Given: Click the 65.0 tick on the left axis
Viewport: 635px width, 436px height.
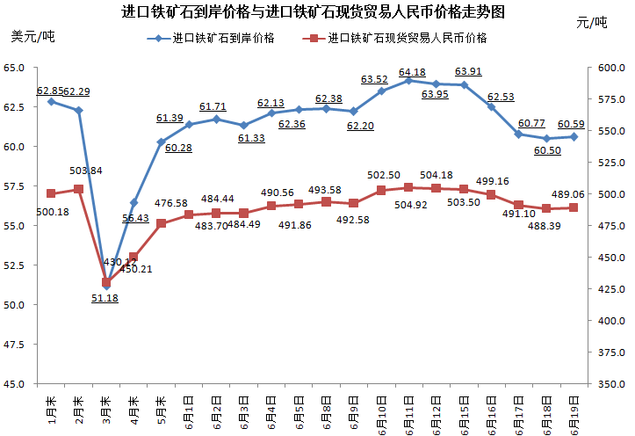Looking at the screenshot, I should click(x=15, y=68).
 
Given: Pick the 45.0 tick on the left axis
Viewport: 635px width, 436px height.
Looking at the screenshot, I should click(x=15, y=384).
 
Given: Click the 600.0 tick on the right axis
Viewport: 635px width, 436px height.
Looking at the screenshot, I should click(x=609, y=68).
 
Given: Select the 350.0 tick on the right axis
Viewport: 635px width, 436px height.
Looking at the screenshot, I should click(x=609, y=384).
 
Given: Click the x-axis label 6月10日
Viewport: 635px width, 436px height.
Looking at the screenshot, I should click(x=380, y=407).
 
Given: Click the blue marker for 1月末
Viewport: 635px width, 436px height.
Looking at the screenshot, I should click(x=52, y=101).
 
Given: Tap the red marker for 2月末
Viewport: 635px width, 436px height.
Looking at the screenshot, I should click(x=79, y=189).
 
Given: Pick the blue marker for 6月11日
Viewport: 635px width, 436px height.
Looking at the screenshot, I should click(x=408, y=80).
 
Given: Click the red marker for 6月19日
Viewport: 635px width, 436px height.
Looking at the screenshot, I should click(x=574, y=207).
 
